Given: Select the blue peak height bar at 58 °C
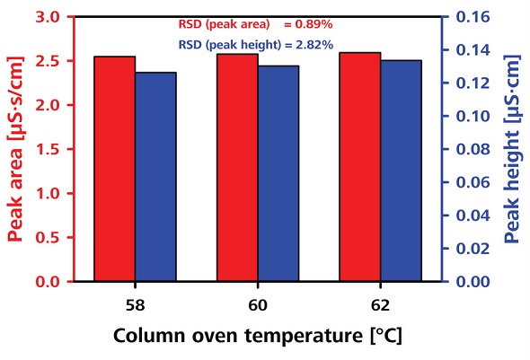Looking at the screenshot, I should (x=155, y=177).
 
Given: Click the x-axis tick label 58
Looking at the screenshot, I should (x=135, y=303).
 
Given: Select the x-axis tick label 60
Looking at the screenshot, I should (x=258, y=303).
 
